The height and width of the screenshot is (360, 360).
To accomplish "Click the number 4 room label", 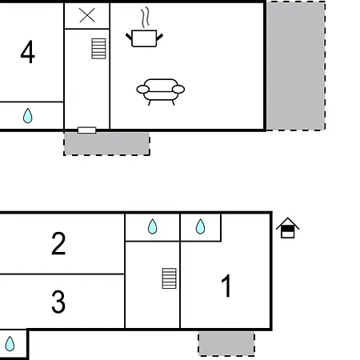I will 28,54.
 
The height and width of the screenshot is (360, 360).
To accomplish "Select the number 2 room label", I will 58,243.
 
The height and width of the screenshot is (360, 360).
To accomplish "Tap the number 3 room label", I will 58,302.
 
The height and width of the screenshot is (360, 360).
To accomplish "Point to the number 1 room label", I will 226,286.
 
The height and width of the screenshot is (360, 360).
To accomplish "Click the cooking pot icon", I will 144,38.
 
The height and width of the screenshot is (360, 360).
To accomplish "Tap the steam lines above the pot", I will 145,18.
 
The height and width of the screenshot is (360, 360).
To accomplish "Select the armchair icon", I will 160,90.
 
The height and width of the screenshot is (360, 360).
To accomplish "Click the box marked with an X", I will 87,15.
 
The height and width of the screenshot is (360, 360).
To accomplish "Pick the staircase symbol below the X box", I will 98,48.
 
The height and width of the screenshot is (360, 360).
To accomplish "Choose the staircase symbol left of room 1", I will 169,278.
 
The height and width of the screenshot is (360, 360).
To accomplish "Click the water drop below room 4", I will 28,117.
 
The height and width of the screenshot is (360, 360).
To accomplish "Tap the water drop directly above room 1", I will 201,227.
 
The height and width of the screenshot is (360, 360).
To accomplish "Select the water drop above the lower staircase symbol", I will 153,227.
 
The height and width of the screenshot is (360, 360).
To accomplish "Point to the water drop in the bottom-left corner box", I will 10,345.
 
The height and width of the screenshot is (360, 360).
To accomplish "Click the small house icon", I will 288,229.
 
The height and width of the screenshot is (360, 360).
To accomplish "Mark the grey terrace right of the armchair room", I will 295,65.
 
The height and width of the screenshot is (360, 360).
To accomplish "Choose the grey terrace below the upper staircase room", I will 106,144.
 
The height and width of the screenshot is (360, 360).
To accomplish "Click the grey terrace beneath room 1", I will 226,344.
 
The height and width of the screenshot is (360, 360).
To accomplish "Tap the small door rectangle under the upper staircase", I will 86,130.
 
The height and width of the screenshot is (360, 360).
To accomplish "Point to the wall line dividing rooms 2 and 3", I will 62,274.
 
